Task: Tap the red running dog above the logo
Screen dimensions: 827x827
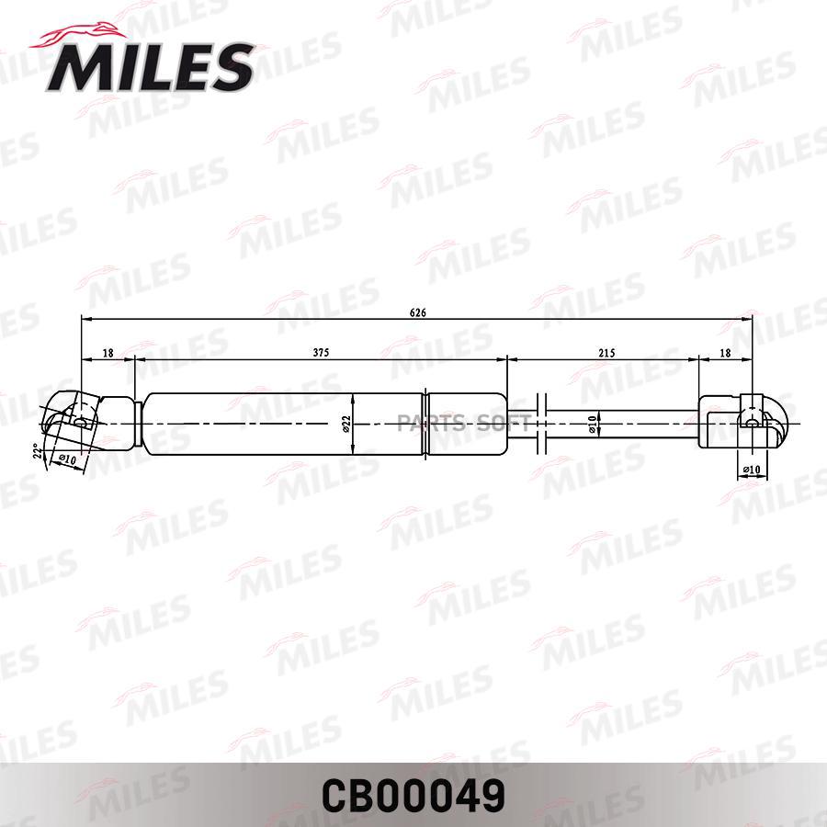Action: tap(79, 35)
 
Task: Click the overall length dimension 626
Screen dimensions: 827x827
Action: tap(417, 312)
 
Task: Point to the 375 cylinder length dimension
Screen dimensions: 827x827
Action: tap(321, 352)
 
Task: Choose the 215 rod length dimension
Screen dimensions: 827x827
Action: tap(606, 353)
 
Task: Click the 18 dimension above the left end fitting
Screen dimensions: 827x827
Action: tap(108, 352)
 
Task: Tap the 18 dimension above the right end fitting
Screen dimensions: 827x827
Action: tap(726, 352)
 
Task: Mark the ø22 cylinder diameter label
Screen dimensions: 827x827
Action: tap(346, 424)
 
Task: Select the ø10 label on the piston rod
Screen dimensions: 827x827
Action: tap(593, 424)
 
